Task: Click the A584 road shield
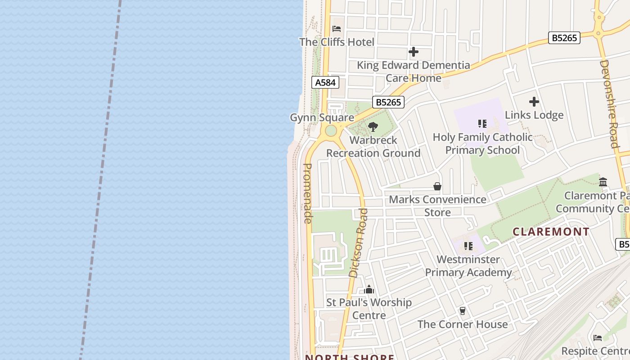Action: click(x=325, y=82)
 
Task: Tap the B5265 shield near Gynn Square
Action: click(x=388, y=102)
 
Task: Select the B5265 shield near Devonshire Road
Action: click(x=564, y=38)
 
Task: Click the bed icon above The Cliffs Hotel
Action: click(x=337, y=29)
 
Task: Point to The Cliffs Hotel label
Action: click(x=337, y=42)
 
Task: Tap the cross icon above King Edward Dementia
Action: click(x=413, y=52)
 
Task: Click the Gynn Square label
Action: click(x=322, y=117)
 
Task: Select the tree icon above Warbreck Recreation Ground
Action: click(x=373, y=127)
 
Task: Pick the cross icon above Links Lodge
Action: click(x=534, y=102)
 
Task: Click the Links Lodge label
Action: click(x=534, y=115)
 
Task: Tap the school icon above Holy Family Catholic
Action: click(x=482, y=124)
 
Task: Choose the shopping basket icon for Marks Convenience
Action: click(x=437, y=186)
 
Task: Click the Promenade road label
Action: click(x=308, y=193)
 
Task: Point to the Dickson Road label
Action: click(x=359, y=243)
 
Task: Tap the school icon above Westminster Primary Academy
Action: click(x=468, y=246)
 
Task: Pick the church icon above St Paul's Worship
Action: click(x=369, y=289)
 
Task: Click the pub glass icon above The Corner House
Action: click(x=462, y=311)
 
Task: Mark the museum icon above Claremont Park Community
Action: click(x=603, y=182)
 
